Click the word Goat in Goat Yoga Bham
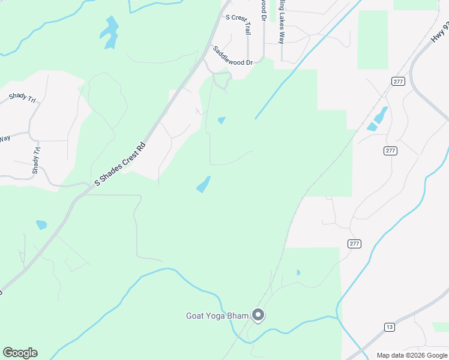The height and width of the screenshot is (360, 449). click(x=196, y=315)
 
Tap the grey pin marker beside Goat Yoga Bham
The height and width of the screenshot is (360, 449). click(x=259, y=315)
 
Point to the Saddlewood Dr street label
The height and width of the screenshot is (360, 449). click(x=232, y=56)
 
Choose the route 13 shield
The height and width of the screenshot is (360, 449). click(x=390, y=326)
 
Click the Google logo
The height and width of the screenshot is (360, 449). click(x=20, y=353)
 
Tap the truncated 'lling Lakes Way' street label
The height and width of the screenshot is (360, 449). click(x=280, y=22)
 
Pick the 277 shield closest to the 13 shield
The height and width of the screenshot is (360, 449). click(x=354, y=243)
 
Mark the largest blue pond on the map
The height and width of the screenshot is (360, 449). click(x=109, y=31)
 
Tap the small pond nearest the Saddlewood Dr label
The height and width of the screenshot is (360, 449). click(x=221, y=120)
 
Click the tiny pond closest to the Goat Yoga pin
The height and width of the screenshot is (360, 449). click(x=298, y=272)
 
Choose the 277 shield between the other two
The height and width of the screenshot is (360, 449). click(x=391, y=151)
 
